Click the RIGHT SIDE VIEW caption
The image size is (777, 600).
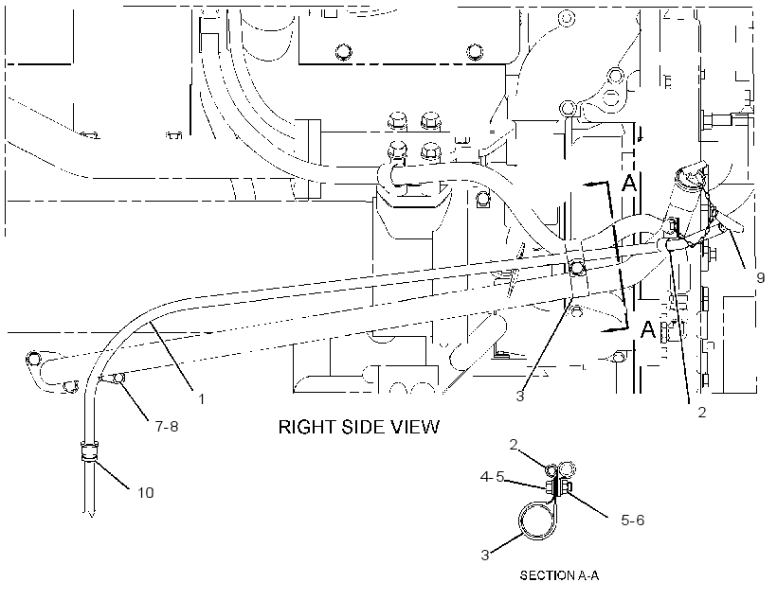(359, 427)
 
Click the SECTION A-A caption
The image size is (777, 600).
(559, 575)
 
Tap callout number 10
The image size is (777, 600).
(146, 492)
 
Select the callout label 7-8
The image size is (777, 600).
(167, 426)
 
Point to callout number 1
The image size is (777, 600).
(201, 398)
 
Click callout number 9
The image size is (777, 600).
(760, 278)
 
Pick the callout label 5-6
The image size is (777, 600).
(633, 520)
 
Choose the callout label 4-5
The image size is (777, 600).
(492, 476)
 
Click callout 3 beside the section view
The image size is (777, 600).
(485, 555)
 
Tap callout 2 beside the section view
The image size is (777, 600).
(514, 445)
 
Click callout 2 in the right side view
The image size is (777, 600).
(702, 412)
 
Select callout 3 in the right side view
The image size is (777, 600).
(520, 396)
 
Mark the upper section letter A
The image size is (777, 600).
(629, 184)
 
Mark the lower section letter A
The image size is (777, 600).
(648, 329)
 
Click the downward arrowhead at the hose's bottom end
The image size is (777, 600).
(91, 514)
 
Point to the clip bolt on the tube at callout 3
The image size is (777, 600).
(577, 268)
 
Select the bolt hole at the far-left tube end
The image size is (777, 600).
(33, 358)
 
